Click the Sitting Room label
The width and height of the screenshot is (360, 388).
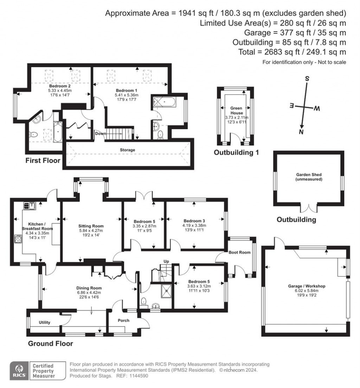91,226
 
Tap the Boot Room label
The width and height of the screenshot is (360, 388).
239,252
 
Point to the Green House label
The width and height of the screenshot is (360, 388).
236,111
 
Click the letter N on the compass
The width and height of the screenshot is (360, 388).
301,132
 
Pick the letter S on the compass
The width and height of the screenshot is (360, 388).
307,79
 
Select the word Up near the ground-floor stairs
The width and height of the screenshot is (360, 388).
167,261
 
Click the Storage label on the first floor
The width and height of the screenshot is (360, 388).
127,150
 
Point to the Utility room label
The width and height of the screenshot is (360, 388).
45,322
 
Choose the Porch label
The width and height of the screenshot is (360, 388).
123,320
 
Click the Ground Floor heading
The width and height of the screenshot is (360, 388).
50,343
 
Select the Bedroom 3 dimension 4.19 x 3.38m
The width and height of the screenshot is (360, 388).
194,225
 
